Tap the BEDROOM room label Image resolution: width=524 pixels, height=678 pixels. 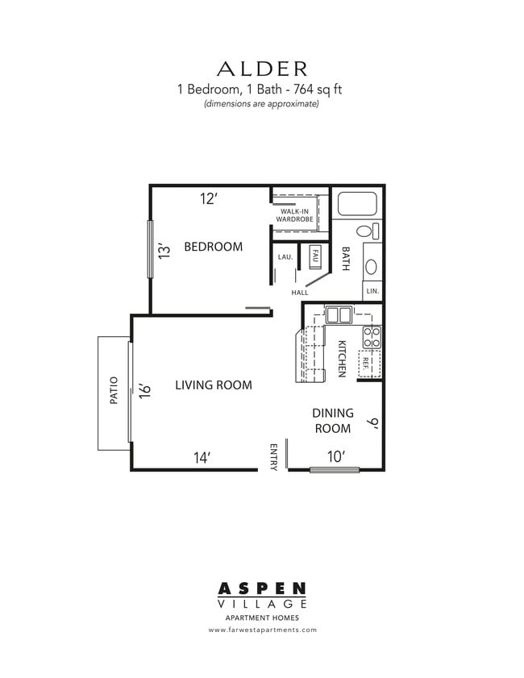click(213, 247)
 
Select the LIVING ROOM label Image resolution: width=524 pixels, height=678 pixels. click(214, 385)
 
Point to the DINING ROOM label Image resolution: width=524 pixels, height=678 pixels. click(332, 421)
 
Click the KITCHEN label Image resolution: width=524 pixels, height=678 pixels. click(342, 358)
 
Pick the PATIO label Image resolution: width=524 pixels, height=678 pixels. click(114, 391)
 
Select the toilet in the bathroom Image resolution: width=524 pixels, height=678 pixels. click(367, 232)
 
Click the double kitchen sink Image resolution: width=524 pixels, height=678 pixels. click(339, 314)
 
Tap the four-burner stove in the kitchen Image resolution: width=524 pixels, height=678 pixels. click(372, 337)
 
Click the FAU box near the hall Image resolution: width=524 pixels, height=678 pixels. click(315, 256)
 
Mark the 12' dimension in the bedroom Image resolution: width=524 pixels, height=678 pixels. click(209, 199)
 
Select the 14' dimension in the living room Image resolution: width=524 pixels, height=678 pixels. click(202, 457)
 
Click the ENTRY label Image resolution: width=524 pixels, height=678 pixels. click(274, 456)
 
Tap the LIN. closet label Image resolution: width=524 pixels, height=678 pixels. click(372, 290)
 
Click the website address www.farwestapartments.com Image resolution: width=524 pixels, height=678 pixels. click(262, 630)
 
